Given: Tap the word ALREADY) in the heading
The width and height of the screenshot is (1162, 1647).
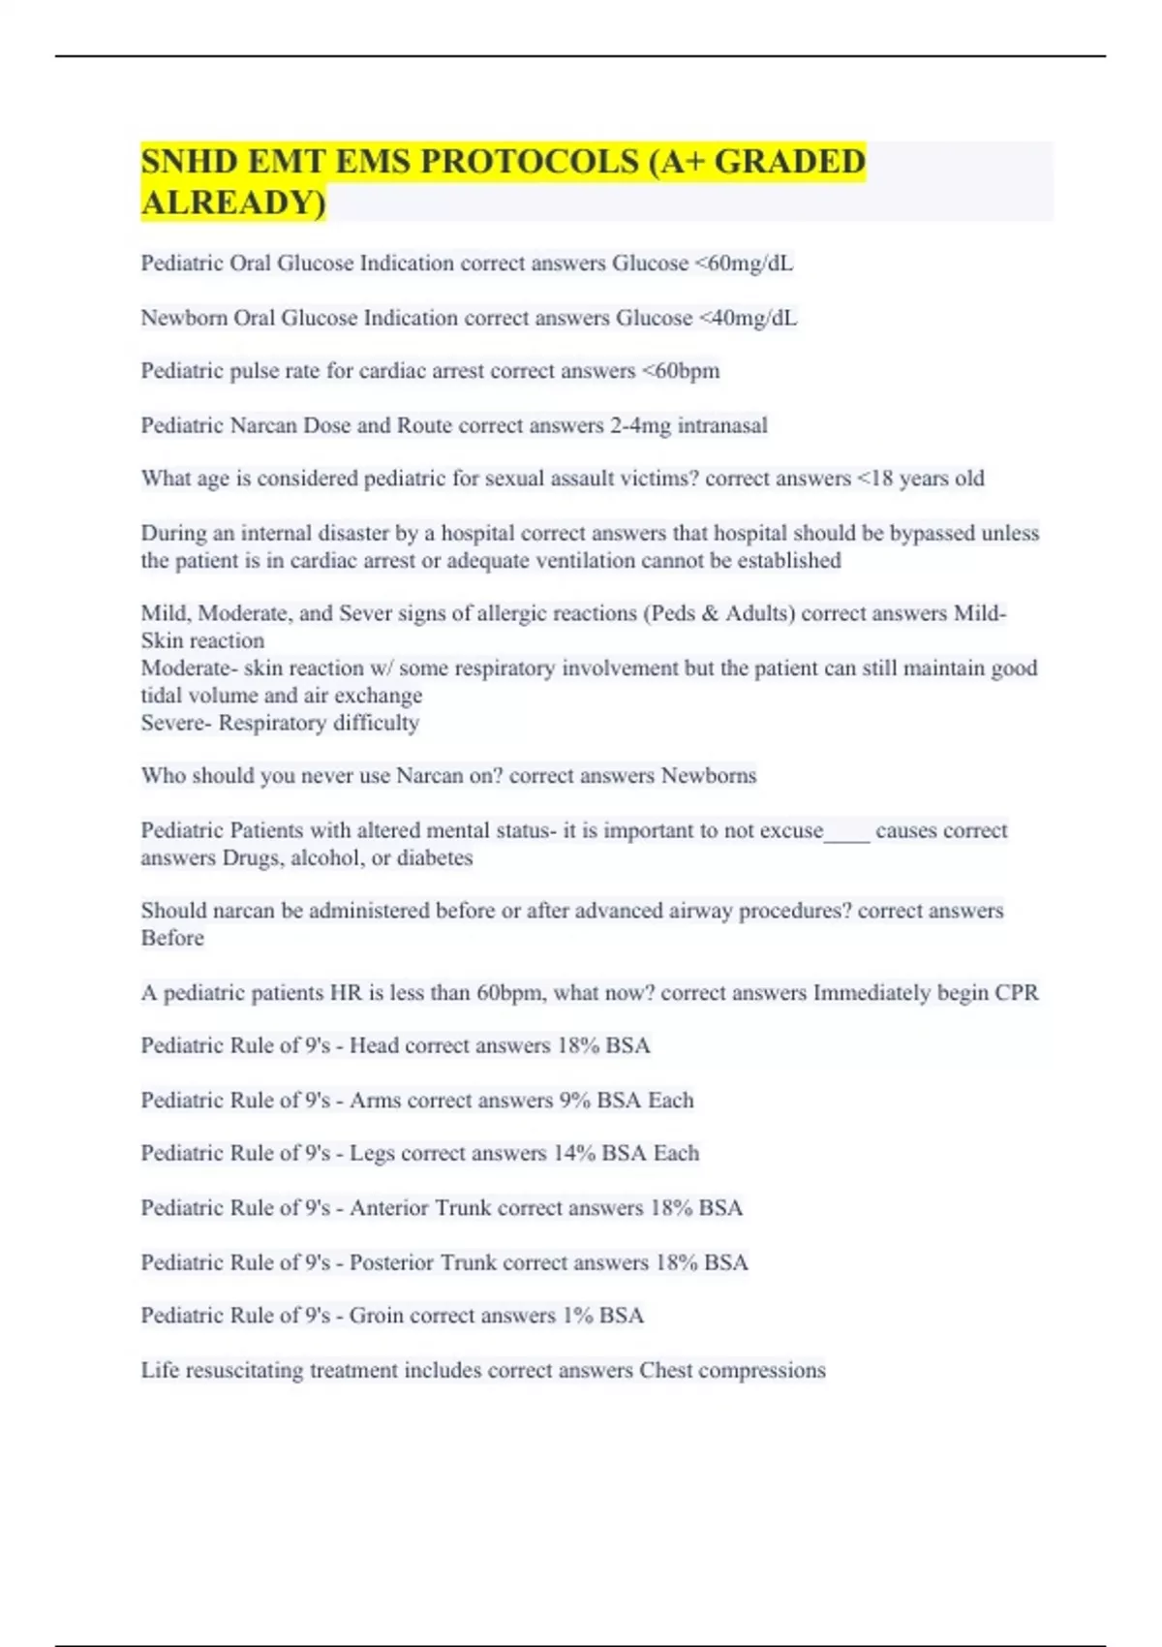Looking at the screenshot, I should pos(233,202).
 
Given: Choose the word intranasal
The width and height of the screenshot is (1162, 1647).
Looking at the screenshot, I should pos(722,425).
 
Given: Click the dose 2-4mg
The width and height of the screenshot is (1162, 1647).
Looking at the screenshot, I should pos(640,425).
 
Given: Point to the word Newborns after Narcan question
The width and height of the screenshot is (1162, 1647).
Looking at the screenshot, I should pos(709,776).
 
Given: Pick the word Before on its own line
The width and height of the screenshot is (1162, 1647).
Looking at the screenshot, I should pos(172,938).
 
